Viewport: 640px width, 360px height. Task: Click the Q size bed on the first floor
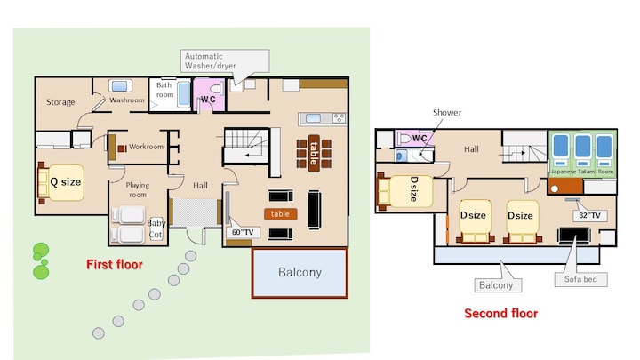(x=61, y=182)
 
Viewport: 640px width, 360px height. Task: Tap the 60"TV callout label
(x=243, y=232)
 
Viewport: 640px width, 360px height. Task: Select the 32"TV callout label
(x=590, y=215)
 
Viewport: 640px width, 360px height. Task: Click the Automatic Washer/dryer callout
(x=225, y=60)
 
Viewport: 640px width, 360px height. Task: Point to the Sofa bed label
(x=580, y=280)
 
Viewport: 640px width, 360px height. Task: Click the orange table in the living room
(x=280, y=214)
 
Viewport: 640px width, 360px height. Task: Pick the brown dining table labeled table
(x=314, y=153)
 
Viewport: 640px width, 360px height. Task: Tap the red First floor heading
(x=115, y=265)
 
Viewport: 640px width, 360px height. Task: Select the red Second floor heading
(x=500, y=314)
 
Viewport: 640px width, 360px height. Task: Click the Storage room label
(x=60, y=102)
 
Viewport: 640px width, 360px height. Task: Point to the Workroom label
(x=146, y=147)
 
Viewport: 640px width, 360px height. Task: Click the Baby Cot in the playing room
(x=156, y=228)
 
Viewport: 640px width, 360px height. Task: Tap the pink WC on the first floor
(x=209, y=95)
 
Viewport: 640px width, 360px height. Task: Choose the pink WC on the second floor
(x=414, y=138)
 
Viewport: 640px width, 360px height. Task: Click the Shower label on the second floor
(x=447, y=113)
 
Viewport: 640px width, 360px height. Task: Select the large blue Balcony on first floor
(x=300, y=272)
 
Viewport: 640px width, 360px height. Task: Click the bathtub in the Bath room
(x=184, y=94)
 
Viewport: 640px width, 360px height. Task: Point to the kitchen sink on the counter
(x=313, y=118)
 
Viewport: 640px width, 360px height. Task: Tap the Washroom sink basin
(x=120, y=86)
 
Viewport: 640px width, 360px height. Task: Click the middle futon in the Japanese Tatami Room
(x=582, y=150)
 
